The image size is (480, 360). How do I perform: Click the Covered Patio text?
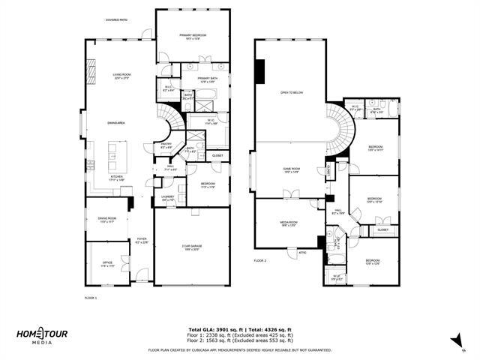pos(116,20)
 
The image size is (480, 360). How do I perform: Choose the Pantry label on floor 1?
pos(166,146)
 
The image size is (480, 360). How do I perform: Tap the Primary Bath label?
pos(208,79)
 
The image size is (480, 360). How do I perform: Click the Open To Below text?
pos(291,92)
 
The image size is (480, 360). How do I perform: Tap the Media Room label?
pos(289,223)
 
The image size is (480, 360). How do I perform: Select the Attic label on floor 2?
pos(302,252)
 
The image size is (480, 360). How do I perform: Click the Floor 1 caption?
pos(90,298)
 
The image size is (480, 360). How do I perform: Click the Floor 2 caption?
pos(260,260)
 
